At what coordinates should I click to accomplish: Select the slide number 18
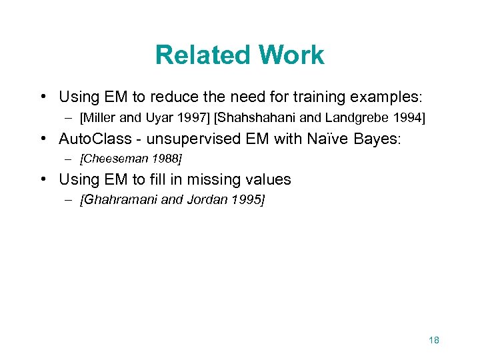coord(433,340)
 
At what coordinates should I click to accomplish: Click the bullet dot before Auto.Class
coord(43,139)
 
